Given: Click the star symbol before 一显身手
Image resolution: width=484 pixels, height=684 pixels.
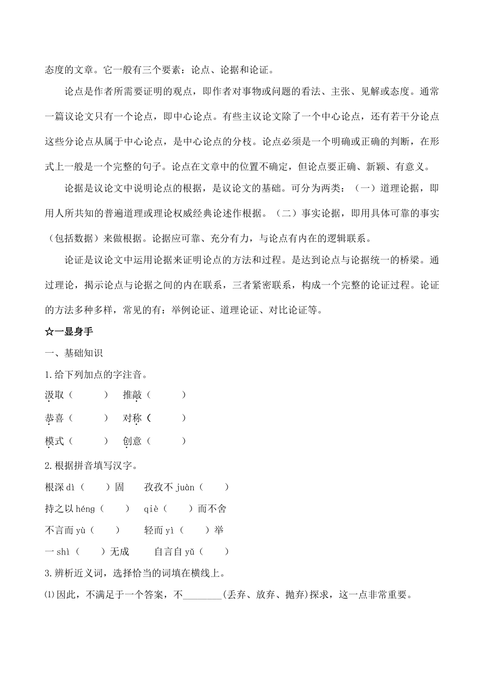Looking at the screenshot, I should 49,332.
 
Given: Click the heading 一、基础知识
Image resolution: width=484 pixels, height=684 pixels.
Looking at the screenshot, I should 74,353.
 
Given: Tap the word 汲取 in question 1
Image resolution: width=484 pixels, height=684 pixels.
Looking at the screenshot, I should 55,395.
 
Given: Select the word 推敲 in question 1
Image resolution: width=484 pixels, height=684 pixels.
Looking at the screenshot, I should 132,395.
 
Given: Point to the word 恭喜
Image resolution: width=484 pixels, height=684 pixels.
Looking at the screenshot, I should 55,418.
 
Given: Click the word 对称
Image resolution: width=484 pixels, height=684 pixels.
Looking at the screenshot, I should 132,418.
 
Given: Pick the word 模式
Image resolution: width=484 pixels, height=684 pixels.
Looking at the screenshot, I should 55,441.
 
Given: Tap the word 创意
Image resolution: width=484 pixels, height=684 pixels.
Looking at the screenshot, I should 132,441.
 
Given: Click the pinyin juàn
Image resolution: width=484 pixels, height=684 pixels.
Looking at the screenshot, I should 185,488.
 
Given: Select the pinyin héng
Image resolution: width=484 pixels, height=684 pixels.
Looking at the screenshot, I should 85,509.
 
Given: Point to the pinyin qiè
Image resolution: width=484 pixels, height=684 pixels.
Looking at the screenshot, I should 151,509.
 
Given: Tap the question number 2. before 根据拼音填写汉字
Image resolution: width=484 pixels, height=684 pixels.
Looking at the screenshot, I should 48,465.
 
